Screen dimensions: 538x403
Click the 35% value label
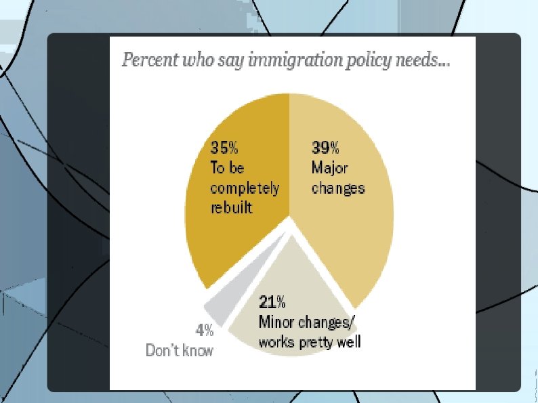pos(224,148)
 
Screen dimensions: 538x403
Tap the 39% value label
pos(325,148)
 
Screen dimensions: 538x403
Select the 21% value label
pos(272,302)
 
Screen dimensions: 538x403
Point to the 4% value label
pos(205,331)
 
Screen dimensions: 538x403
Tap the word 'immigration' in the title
pos(295,60)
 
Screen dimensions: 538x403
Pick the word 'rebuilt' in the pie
pos(231,207)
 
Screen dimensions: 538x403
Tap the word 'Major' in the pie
pos(329,168)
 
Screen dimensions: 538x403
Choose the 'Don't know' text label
pos(180,351)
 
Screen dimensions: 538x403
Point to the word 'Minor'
pos(276,322)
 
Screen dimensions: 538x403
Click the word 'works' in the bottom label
pos(277,342)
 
